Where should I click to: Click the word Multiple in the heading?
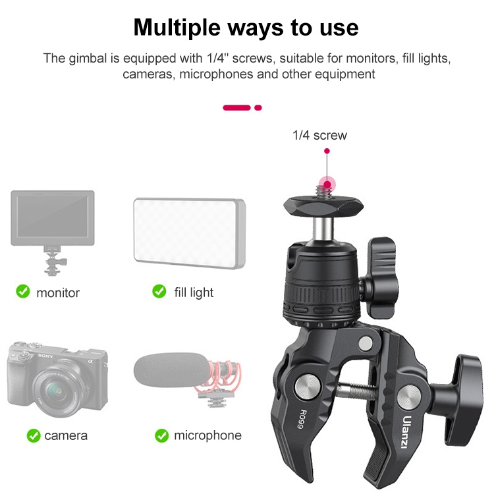click(177, 28)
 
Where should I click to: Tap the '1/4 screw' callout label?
click(319, 136)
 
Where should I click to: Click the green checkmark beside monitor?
click(23, 291)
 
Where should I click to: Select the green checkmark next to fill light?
click(159, 291)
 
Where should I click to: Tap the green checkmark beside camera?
click(34, 436)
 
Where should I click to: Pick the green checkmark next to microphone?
click(162, 435)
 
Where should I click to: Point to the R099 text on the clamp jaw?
click(302, 419)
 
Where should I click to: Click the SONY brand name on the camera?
click(45, 356)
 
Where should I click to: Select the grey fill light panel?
click(189, 233)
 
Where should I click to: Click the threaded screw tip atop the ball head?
click(323, 191)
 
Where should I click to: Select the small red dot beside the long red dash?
click(258, 108)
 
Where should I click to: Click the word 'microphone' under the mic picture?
click(208, 436)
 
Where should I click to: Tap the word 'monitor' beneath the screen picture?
click(58, 293)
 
